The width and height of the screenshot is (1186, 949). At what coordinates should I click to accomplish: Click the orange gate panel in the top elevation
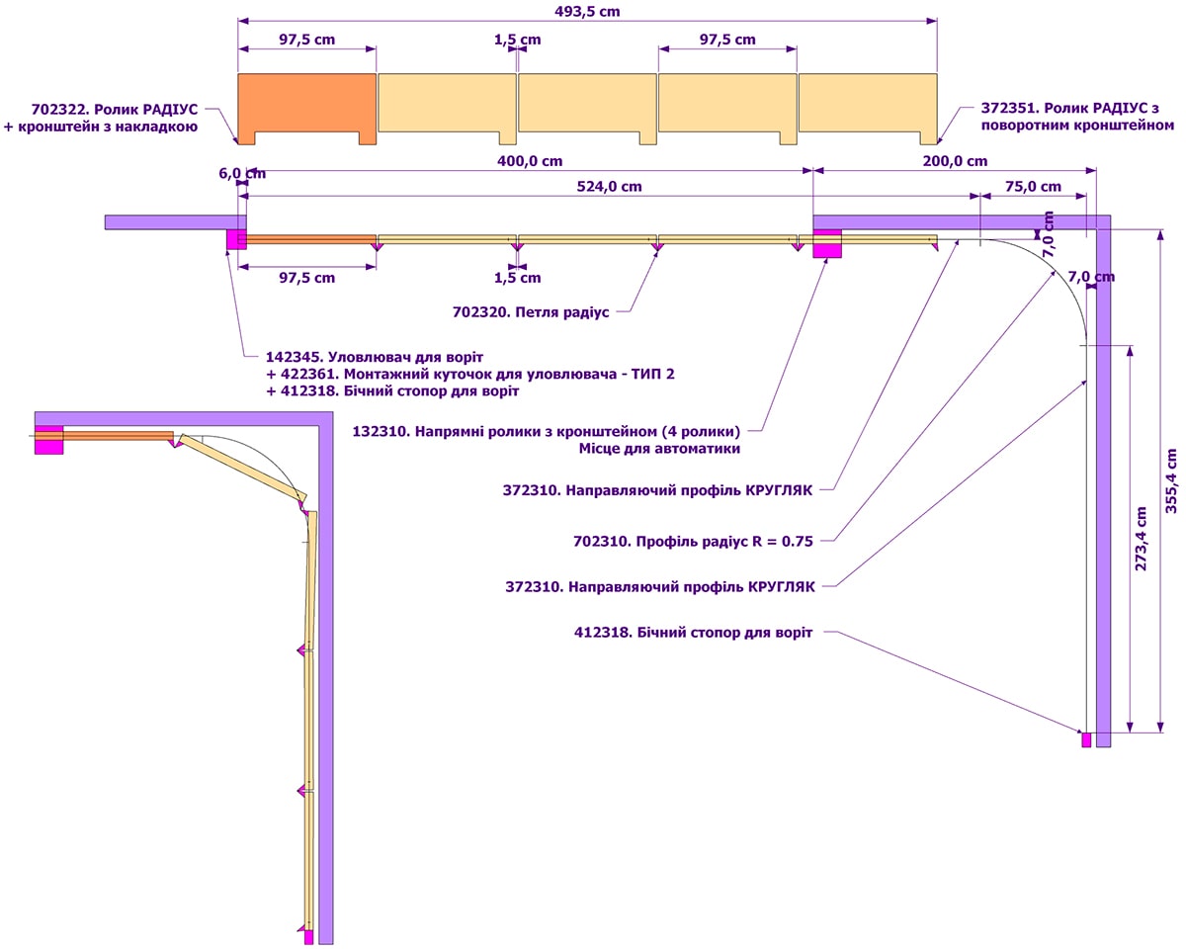(x=306, y=103)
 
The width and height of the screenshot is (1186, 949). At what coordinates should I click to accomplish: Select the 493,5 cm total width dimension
(x=587, y=12)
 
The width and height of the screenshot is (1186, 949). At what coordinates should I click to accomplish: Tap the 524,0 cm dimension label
(x=602, y=186)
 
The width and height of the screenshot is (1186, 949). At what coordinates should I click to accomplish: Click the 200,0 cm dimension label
(x=953, y=161)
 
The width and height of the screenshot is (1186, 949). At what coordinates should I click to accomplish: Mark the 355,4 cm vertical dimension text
(x=1171, y=480)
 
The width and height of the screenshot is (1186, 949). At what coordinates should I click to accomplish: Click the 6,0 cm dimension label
(x=235, y=171)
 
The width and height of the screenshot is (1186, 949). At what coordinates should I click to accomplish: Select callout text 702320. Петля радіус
(x=531, y=312)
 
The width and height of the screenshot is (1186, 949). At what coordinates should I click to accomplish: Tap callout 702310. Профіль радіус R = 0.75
(x=693, y=541)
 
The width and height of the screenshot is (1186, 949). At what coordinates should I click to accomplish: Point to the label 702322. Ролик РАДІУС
(x=116, y=108)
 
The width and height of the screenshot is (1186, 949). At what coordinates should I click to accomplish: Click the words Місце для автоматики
(x=659, y=449)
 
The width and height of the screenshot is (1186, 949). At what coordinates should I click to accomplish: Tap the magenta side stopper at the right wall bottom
(x=1086, y=739)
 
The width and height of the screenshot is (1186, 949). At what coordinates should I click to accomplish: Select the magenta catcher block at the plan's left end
(x=236, y=239)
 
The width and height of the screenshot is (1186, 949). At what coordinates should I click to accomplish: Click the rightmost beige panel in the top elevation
(x=868, y=103)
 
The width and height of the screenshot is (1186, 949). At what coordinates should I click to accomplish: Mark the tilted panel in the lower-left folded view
(x=243, y=470)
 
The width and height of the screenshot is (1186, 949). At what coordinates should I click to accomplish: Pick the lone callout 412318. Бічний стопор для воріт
(x=693, y=633)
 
